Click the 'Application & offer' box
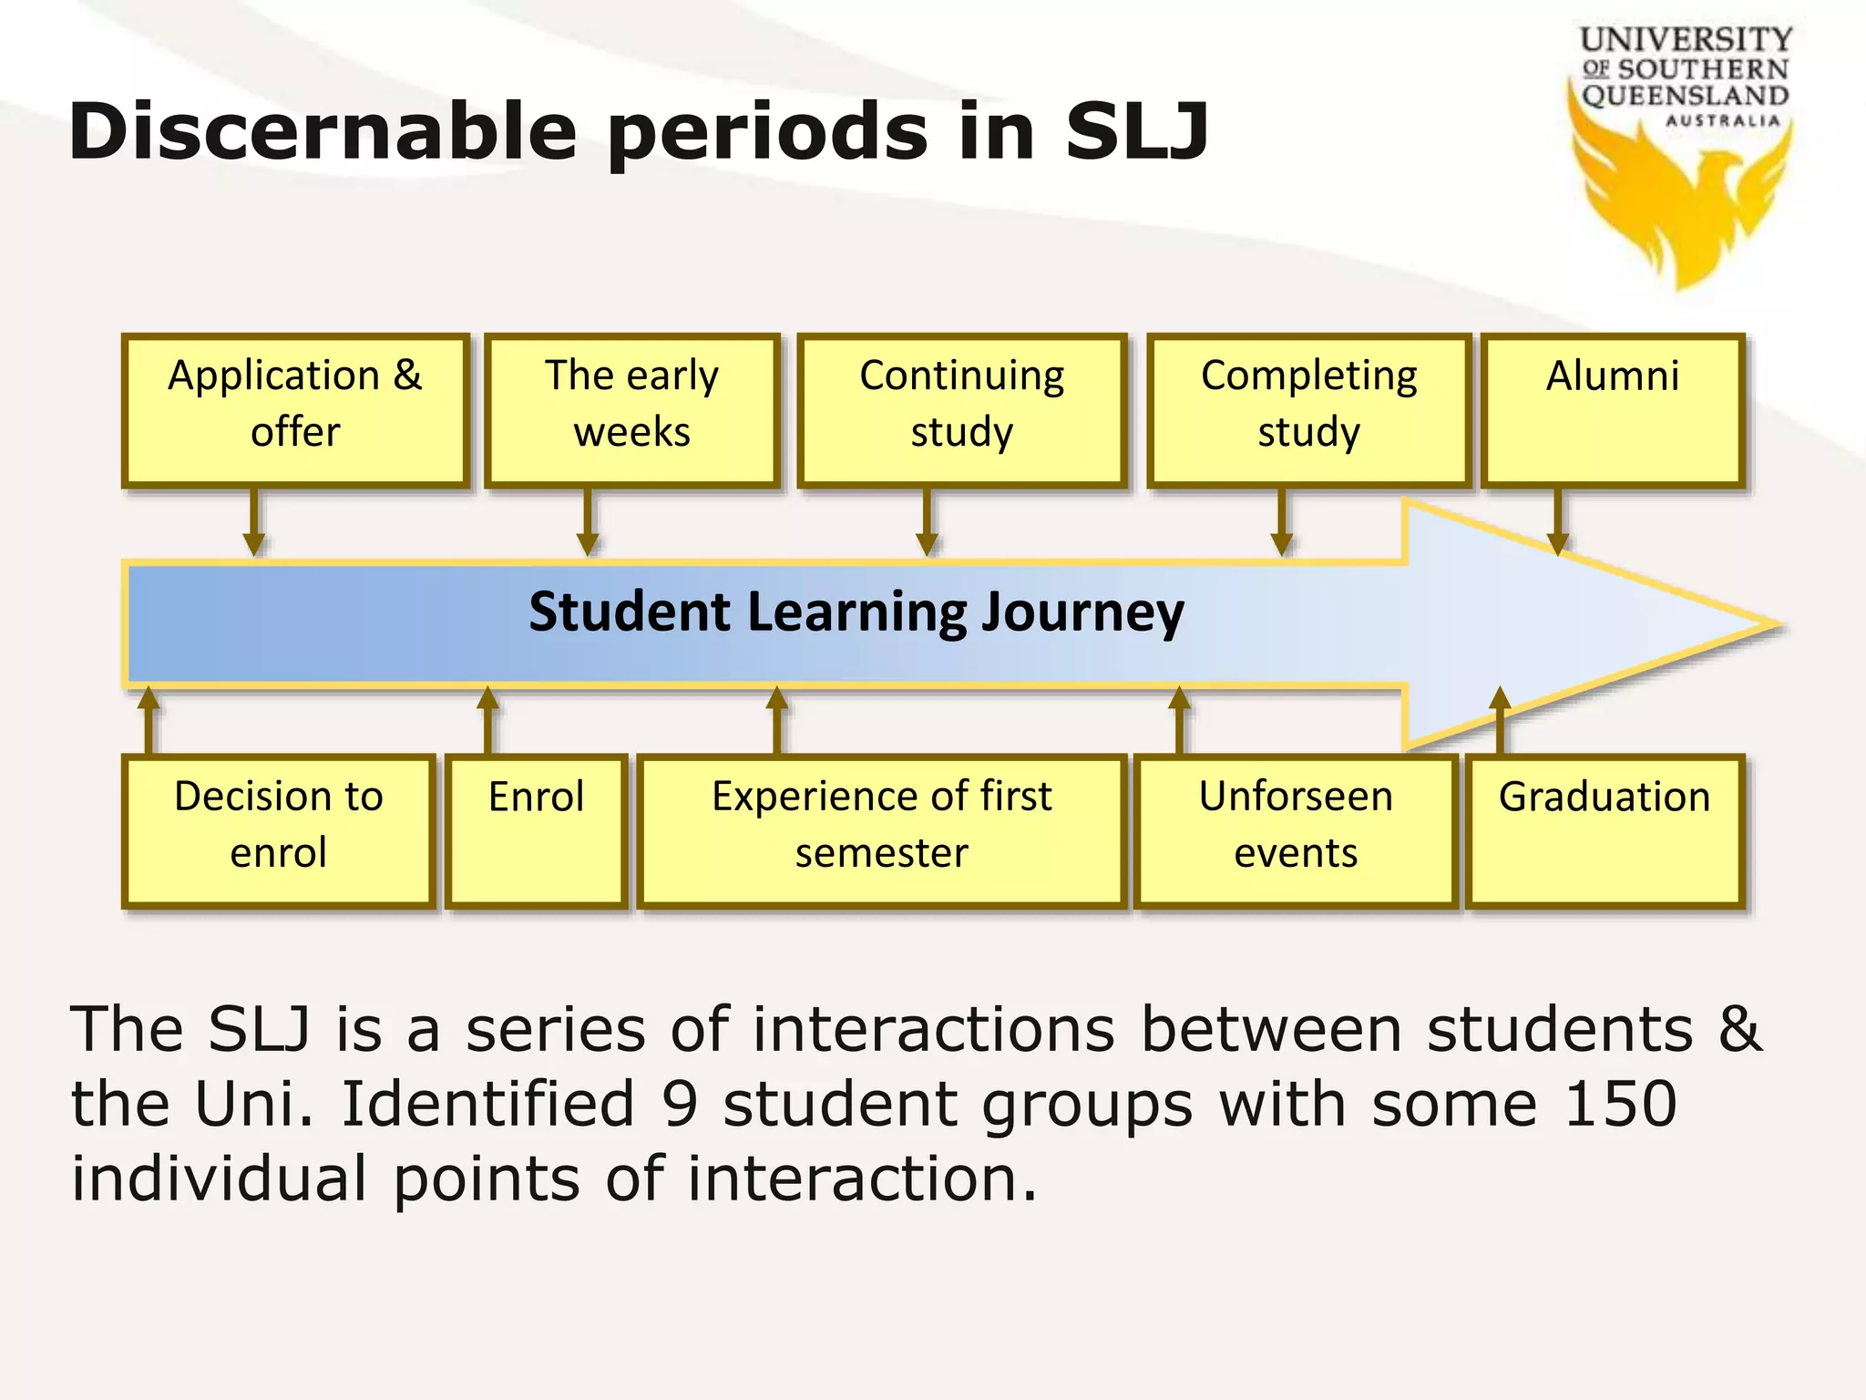(x=295, y=410)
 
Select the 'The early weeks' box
(x=631, y=410)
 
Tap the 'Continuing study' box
(x=962, y=410)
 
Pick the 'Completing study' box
(x=1308, y=410)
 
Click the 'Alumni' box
(x=1613, y=410)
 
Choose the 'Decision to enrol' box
(x=278, y=830)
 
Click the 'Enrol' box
(x=536, y=830)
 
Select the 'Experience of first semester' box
(x=881, y=830)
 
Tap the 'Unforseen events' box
(x=1295, y=830)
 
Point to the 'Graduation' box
(x=1605, y=830)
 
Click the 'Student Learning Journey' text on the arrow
(x=856, y=612)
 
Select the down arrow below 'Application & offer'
(x=254, y=523)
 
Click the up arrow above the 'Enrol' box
(x=488, y=720)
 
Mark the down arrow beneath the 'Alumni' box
(x=1558, y=523)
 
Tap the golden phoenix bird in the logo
(x=1681, y=205)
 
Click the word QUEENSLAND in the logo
(x=1685, y=96)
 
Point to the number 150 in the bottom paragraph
(x=1620, y=1104)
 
